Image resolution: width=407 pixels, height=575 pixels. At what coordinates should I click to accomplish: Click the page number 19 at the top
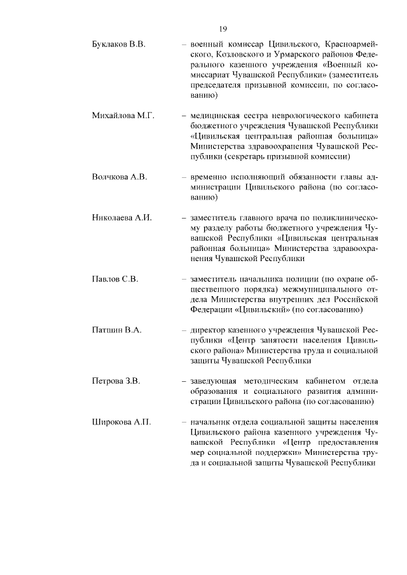point(223,29)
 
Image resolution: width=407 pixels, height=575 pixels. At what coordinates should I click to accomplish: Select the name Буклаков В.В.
point(119,45)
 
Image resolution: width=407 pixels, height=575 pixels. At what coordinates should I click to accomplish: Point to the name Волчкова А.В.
point(120,176)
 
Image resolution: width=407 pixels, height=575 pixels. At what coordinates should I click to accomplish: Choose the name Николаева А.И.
point(121,217)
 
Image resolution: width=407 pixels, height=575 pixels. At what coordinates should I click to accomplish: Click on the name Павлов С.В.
point(115,278)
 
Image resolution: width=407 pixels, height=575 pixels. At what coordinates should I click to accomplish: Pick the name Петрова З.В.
point(116,381)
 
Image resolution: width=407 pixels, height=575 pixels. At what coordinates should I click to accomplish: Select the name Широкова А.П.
point(121,422)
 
